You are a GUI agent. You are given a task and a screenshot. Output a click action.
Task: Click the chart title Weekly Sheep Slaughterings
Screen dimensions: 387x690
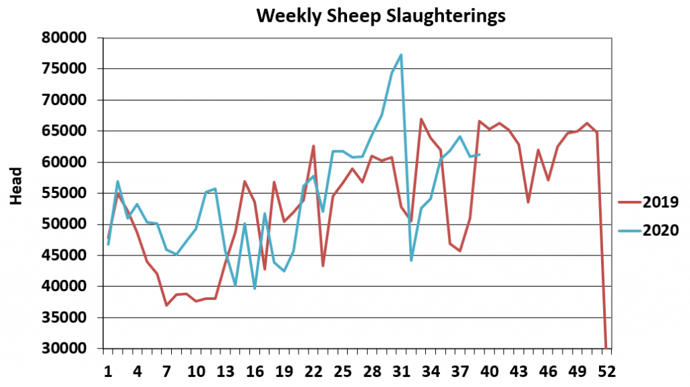(x=381, y=16)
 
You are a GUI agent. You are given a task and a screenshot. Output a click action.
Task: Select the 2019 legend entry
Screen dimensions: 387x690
(x=648, y=202)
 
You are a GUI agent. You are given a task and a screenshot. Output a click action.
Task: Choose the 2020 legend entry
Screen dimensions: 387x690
(x=648, y=230)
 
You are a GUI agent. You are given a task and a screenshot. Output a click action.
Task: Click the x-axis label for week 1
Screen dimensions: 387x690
(x=108, y=371)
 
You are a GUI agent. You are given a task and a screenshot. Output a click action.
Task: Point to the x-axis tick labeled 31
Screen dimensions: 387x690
(x=402, y=371)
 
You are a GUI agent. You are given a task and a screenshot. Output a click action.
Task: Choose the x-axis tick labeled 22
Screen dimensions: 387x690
(x=313, y=371)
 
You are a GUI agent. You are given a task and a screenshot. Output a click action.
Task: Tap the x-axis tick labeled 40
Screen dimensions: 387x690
(x=490, y=371)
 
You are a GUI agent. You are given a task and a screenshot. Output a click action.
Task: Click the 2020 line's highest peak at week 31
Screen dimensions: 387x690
(x=402, y=55)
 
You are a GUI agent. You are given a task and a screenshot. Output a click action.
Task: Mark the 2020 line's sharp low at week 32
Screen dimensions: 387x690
(x=411, y=260)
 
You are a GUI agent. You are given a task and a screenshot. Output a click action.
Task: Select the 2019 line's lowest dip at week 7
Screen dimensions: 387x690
(x=166, y=305)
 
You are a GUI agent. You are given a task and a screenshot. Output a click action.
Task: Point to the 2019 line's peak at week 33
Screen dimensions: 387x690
(x=421, y=119)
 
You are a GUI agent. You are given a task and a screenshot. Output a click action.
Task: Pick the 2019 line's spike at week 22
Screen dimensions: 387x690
(x=313, y=146)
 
